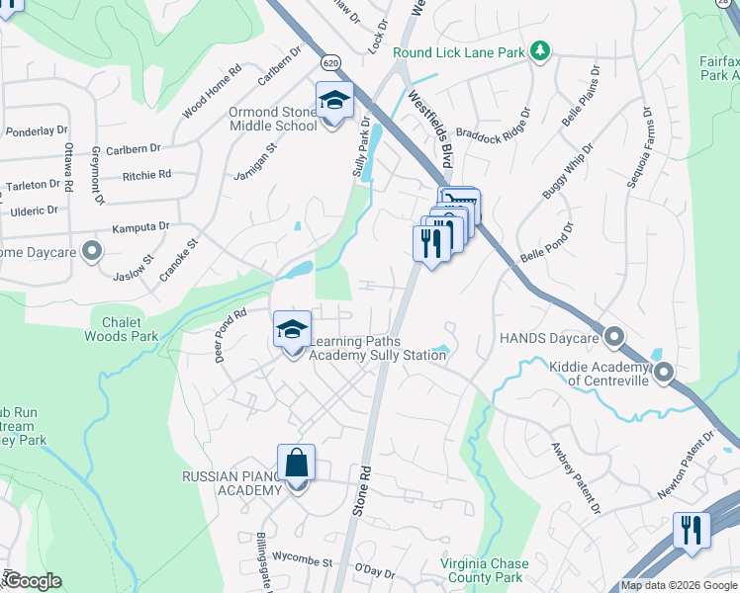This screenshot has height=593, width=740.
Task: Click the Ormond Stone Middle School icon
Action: click(x=334, y=101)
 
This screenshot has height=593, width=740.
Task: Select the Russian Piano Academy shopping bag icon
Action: click(x=296, y=463)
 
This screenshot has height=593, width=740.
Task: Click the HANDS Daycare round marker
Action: click(x=614, y=339)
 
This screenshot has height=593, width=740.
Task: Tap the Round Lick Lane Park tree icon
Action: click(x=540, y=51)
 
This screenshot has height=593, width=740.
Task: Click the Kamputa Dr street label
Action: click(x=139, y=227)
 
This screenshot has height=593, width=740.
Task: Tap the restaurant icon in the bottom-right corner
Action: click(x=692, y=530)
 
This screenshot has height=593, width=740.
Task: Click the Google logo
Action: click(x=32, y=581)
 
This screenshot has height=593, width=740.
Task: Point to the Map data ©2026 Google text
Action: click(x=679, y=585)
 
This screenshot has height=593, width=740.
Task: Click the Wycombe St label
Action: click(x=301, y=559)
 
